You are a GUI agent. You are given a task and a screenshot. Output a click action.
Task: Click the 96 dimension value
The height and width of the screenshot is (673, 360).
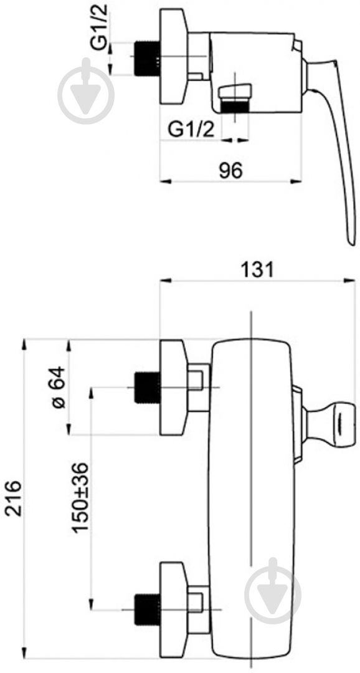231,171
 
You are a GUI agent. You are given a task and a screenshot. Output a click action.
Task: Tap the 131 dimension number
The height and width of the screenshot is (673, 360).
255,270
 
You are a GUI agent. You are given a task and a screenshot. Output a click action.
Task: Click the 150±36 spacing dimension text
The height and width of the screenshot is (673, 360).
80,498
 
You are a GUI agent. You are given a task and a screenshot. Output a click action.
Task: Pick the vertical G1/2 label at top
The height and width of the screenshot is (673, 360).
101,26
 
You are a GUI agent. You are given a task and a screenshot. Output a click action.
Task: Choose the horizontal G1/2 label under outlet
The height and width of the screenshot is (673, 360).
191,129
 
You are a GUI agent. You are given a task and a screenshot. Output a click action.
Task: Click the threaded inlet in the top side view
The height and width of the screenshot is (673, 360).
147,59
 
